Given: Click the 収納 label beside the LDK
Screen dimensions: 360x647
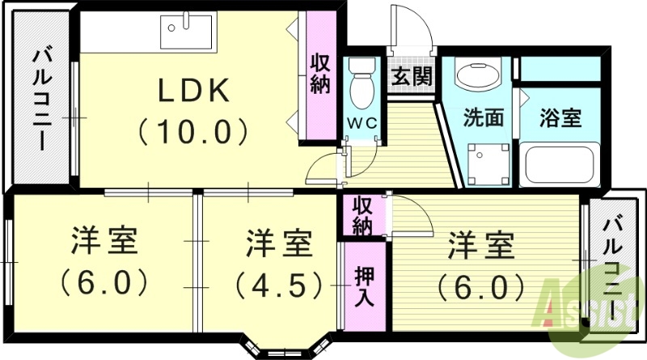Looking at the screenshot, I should point(319,74).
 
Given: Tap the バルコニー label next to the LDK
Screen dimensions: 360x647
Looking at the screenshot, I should point(40,101).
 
